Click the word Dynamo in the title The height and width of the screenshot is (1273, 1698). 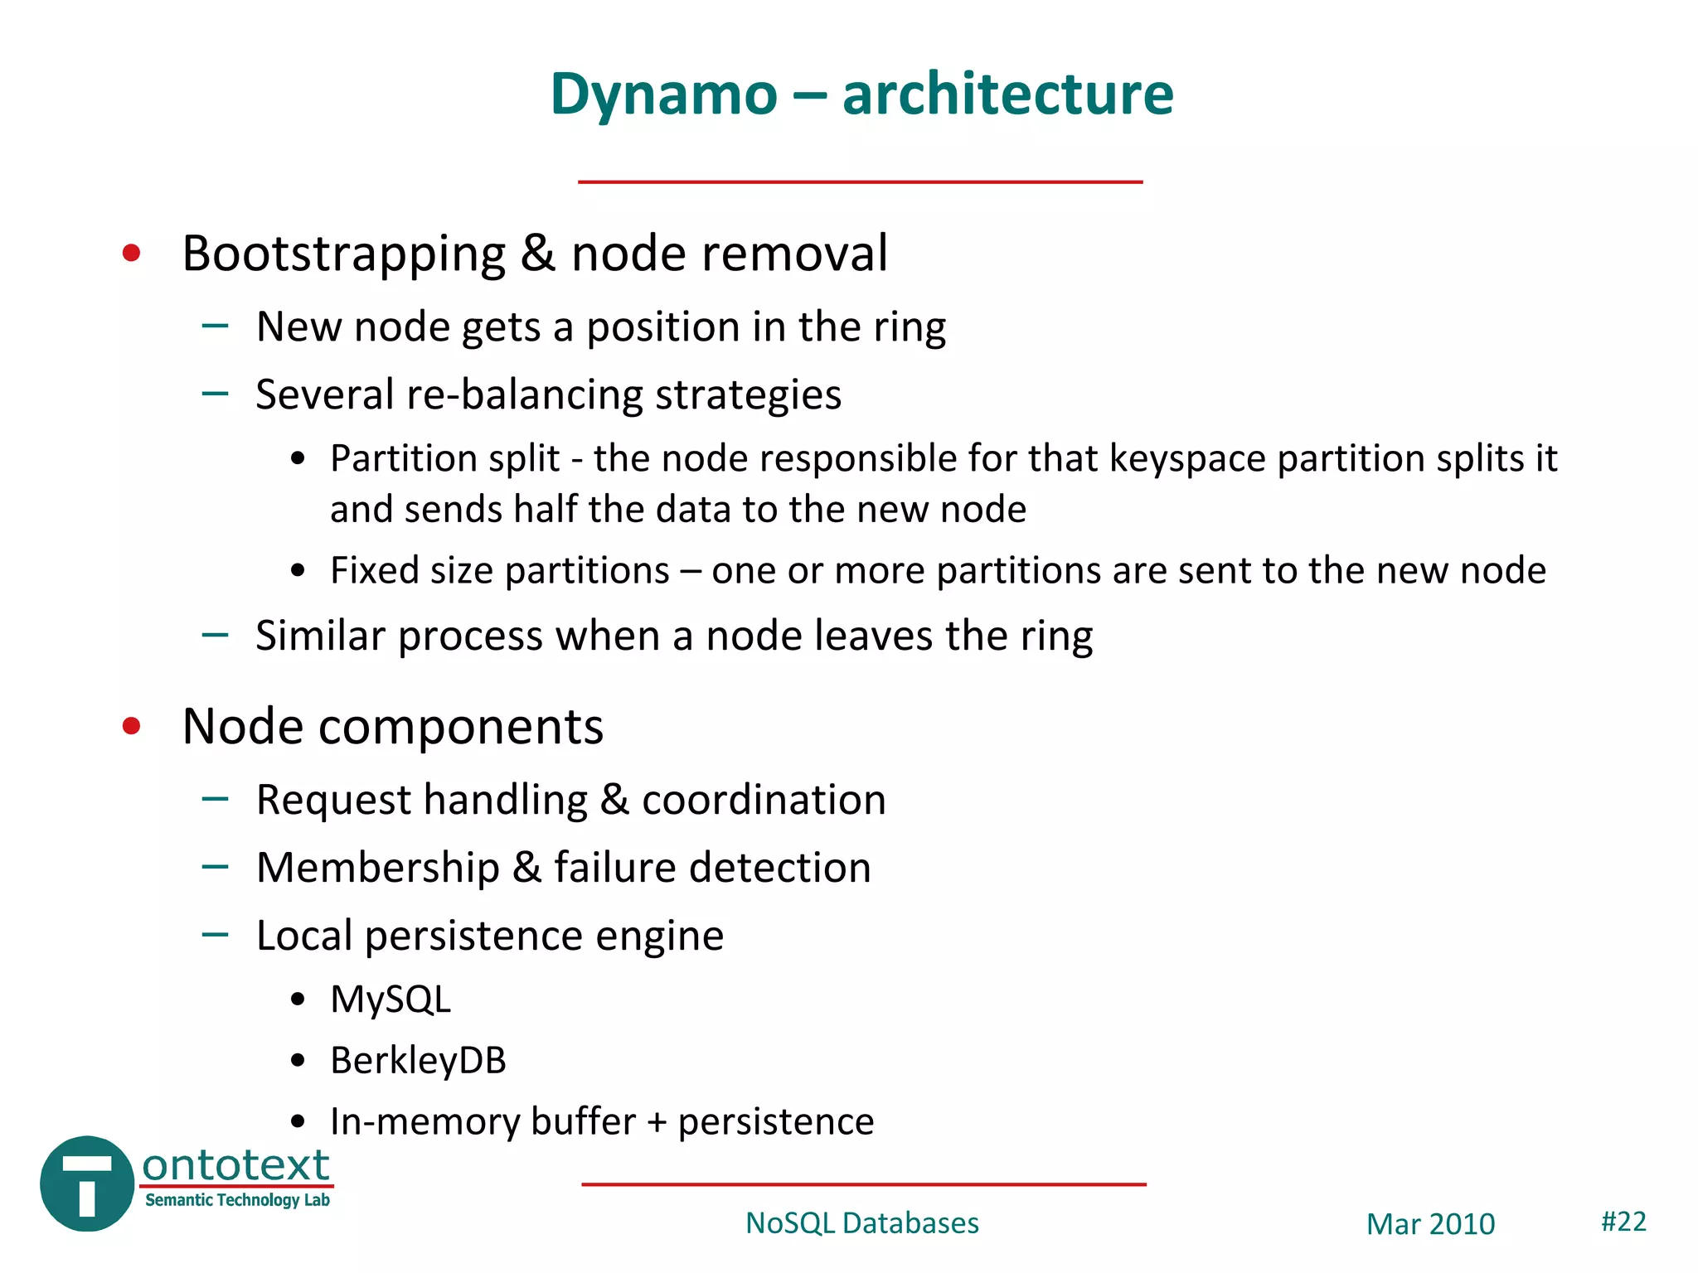663,94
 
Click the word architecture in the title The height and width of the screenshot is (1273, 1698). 1007,94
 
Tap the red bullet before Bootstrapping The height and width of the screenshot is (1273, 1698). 131,253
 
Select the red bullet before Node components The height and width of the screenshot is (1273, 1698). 131,727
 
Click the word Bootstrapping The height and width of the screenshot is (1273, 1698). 343,254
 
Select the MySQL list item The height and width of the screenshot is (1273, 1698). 390,1000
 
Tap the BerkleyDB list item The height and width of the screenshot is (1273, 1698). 417,1061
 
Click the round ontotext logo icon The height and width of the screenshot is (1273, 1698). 87,1183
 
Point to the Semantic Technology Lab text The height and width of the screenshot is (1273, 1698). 237,1200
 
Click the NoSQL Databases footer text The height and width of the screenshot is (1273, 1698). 861,1223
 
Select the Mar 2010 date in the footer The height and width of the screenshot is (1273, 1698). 1430,1224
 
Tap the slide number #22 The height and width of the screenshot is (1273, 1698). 1623,1222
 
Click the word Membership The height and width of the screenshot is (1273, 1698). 378,869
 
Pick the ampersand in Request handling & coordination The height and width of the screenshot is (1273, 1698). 614,801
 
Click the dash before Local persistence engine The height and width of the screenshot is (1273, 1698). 215,935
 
